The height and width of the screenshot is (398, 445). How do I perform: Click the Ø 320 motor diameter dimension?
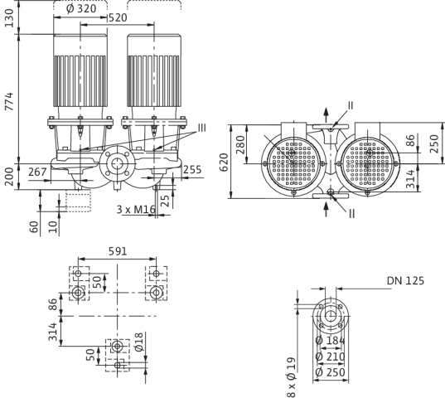click(81, 9)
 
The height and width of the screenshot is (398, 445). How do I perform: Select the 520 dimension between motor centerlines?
click(118, 18)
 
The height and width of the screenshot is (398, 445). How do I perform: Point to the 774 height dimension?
click(9, 101)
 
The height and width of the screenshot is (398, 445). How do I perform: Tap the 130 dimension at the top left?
click(9, 18)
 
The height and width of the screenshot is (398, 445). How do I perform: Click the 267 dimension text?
click(37, 172)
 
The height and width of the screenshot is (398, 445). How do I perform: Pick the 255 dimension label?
click(192, 170)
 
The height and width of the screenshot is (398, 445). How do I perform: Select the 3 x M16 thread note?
click(136, 210)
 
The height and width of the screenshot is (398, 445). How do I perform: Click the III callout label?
click(201, 128)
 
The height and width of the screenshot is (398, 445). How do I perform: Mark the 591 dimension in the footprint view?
click(118, 251)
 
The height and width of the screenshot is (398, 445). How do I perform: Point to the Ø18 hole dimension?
click(139, 342)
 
